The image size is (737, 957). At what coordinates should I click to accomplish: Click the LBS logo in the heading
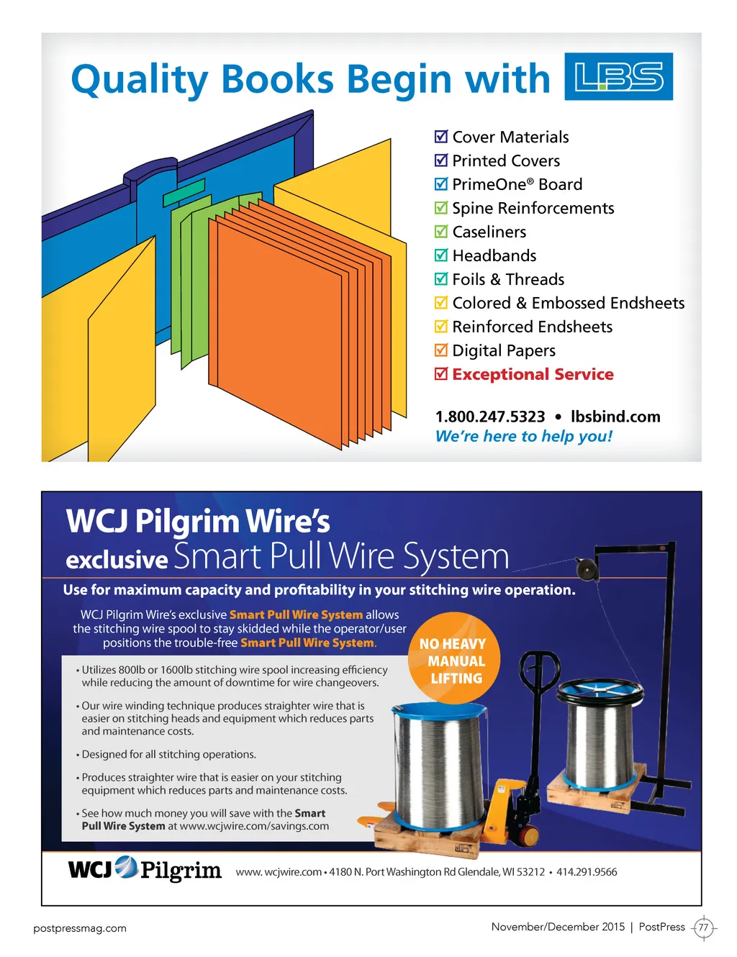pos(618,76)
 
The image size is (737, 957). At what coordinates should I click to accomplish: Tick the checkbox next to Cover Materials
pos(441,137)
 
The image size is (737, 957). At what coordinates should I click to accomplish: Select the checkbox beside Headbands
pos(441,255)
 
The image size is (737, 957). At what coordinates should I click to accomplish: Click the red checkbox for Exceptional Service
pos(441,374)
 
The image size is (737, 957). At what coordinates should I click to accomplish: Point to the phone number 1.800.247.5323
pos(490,417)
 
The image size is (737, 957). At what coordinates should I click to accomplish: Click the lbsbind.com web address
pos(615,417)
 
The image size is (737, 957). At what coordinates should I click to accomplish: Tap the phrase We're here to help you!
pos(524,436)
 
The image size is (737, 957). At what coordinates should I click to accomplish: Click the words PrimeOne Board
pos(517,184)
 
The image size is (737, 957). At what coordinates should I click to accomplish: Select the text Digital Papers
pos(504,350)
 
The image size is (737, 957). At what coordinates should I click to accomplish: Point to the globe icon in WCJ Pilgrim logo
pos(126,867)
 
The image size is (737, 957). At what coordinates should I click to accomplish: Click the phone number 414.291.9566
pos(587,872)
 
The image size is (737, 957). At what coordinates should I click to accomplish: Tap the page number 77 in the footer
pos(703,927)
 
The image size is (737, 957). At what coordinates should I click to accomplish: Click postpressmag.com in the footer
pos(80,928)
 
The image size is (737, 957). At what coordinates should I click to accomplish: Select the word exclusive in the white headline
pos(117,560)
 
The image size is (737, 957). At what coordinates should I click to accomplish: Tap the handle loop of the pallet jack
pos(540,671)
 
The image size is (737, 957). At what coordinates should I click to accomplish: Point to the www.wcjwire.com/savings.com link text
pos(254,826)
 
